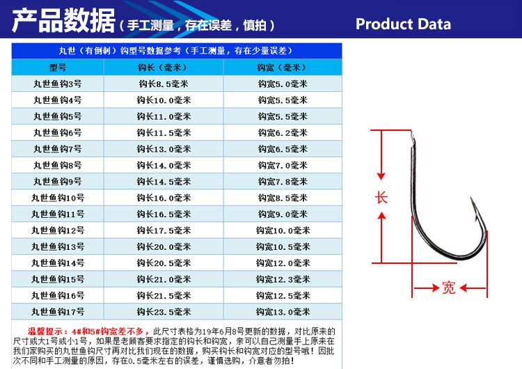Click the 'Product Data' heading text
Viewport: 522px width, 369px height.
[x=403, y=24]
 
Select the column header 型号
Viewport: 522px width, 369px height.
[x=58, y=68]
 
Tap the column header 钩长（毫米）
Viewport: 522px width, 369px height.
[x=164, y=68]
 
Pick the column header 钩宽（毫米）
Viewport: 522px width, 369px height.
[x=282, y=68]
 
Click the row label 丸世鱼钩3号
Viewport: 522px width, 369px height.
[x=58, y=84]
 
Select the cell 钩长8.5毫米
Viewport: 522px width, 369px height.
[x=164, y=84]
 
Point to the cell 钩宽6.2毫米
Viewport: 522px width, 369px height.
[x=282, y=132]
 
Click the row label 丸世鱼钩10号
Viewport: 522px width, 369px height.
[x=58, y=198]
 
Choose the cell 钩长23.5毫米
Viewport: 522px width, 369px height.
[x=164, y=312]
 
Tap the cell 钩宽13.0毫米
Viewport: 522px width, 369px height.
[x=282, y=312]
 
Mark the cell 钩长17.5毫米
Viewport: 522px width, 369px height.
[x=164, y=230]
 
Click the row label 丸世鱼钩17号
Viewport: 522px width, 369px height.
[x=58, y=312]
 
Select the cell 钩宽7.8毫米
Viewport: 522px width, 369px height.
[x=282, y=182]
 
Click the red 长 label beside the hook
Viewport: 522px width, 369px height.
[x=381, y=198]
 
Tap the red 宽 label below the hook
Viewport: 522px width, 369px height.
[x=449, y=287]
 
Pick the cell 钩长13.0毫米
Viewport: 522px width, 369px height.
[x=164, y=149]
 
